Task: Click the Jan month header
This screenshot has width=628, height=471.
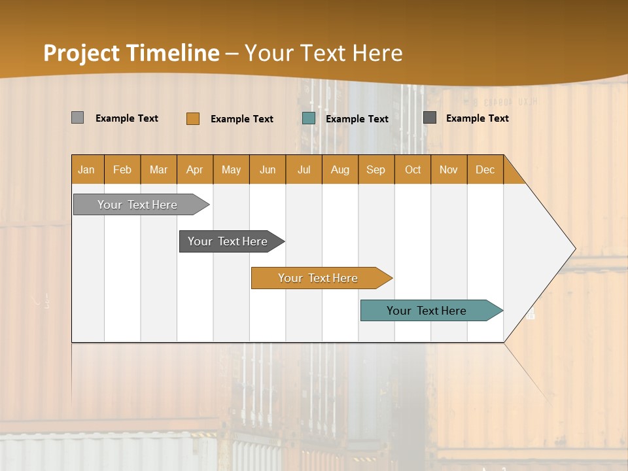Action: pos(87,169)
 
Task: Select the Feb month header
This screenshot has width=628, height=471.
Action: pos(122,169)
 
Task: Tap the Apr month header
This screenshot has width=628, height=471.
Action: pos(195,169)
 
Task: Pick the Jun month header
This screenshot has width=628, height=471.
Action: pos(268,169)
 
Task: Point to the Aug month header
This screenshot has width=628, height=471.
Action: pos(340,169)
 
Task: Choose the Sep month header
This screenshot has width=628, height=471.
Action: pos(376,169)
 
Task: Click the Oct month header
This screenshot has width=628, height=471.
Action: pos(413,169)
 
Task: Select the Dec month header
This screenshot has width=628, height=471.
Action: pos(485,169)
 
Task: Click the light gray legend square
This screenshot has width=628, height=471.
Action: pos(77,118)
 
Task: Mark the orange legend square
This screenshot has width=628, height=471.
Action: pos(192,118)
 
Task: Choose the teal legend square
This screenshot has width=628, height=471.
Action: pos(309,118)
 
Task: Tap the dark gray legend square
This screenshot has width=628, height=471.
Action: pos(430,118)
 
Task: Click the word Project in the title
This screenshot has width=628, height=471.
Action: pos(82,53)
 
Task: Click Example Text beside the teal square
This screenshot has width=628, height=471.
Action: pos(357,118)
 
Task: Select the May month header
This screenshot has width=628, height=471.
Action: pos(231,169)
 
